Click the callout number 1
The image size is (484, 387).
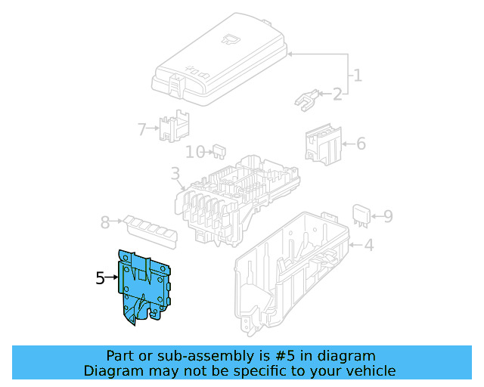click(x=357, y=76)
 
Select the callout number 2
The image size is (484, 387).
click(x=337, y=94)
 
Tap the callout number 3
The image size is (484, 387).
click(x=175, y=177)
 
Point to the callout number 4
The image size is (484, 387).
click(x=368, y=245)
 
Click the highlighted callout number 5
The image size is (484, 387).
click(x=101, y=278)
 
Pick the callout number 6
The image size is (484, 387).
click(x=361, y=143)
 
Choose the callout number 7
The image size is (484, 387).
click(x=142, y=129)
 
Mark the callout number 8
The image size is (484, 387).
click(x=105, y=222)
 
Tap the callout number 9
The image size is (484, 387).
click(x=387, y=217)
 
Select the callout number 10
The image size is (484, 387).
click(x=195, y=152)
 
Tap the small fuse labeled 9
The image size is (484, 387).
click(x=361, y=215)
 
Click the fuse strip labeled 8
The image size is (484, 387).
click(x=151, y=230)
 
